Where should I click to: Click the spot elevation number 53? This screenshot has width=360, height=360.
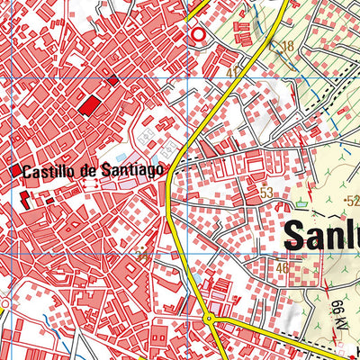(x=265, y=192)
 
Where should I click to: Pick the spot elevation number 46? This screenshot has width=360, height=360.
(x=282, y=267)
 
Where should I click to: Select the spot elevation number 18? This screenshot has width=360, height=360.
(x=287, y=46)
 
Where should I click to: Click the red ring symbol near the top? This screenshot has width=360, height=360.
(x=198, y=33)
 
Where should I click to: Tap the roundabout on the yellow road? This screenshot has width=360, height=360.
(x=209, y=319)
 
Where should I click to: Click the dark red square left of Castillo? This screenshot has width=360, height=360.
(x=16, y=169)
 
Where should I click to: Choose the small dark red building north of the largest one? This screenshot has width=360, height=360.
(x=112, y=80)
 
